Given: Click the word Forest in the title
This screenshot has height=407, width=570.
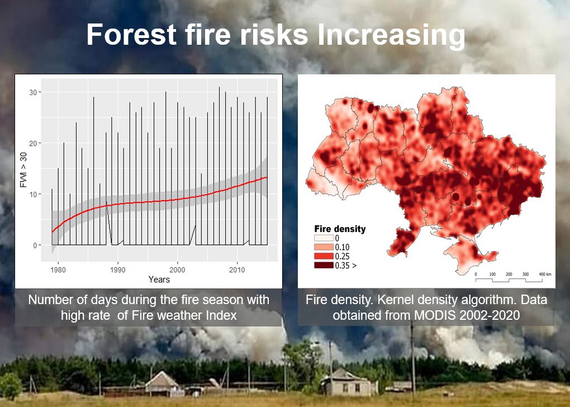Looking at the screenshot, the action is (131, 34).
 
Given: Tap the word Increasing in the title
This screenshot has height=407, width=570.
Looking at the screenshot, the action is (391, 36).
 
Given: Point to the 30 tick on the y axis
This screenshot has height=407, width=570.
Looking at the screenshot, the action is (33, 92).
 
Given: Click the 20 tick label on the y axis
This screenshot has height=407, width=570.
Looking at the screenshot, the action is (33, 143).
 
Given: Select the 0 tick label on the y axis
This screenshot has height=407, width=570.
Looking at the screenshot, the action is (35, 245).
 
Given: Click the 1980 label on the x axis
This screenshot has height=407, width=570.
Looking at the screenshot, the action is (58, 270).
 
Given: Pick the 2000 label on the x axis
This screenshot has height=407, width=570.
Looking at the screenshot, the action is (177, 270).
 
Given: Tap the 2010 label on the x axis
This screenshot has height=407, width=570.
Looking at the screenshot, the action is (237, 270).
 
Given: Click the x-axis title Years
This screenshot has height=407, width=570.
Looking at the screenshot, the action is (159, 280).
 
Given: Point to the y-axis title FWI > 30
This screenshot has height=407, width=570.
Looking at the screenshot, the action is (23, 170).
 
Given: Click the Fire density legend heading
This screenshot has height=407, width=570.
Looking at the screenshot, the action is (340, 229).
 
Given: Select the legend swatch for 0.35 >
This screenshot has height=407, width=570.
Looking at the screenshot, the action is (324, 265).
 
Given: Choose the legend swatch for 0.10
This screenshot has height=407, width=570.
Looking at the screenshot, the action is (324, 247).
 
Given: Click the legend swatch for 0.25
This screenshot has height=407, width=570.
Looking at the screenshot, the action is (324, 256).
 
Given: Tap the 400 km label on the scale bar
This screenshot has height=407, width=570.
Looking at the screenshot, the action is (545, 274).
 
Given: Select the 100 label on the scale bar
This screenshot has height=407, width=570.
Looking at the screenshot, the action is (492, 274).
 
